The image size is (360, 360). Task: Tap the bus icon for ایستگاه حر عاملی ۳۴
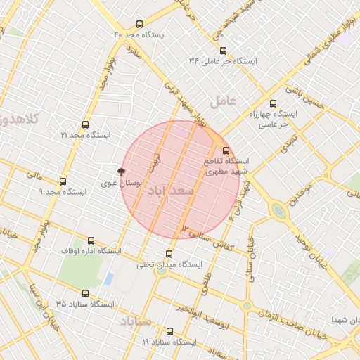click(224, 51)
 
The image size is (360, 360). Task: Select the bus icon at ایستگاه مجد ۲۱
click(86, 124)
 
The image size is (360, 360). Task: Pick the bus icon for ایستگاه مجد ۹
click(63, 181)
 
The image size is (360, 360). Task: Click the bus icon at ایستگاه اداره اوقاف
click(90, 240)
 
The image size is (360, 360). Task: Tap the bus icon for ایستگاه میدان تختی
click(169, 255)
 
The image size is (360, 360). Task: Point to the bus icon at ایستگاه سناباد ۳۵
click(86, 293)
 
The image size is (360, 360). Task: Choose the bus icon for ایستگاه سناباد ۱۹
click(169, 331)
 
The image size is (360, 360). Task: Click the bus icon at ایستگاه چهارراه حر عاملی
click(274, 103)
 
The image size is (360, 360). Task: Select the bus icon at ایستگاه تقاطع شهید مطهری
click(226, 150)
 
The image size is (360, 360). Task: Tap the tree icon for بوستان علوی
click(122, 172)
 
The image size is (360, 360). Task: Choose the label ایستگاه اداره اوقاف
click(91, 251)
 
